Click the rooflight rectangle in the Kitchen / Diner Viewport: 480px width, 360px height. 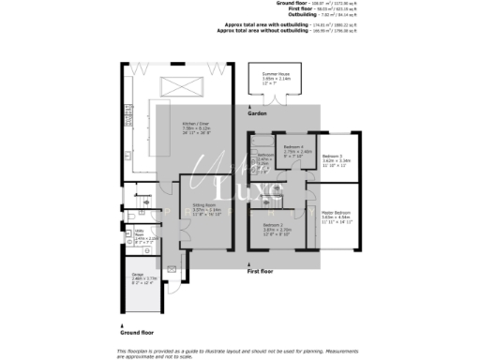click(x=185, y=86)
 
